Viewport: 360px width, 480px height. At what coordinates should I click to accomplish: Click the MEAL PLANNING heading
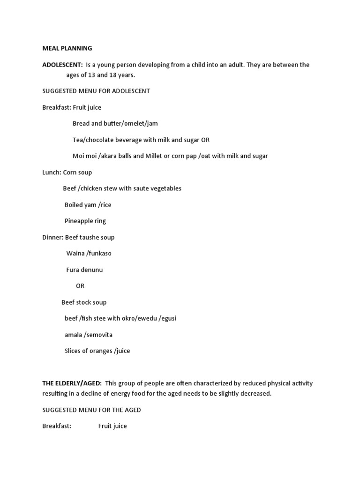[67, 48]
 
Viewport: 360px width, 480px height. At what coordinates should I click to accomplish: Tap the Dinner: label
[52, 237]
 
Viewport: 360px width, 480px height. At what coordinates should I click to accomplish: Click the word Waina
[75, 254]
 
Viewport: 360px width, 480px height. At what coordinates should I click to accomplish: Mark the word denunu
[92, 270]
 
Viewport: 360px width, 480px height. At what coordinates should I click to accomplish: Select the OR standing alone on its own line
[80, 286]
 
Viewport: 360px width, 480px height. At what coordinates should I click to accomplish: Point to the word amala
[74, 335]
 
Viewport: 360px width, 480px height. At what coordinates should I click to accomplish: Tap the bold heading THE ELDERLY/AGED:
[72, 383]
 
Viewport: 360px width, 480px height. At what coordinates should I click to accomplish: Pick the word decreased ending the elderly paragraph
[255, 394]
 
